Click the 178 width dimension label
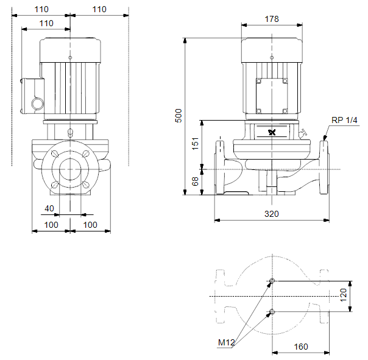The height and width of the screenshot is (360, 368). (272, 19)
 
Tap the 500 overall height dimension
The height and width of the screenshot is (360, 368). (179, 116)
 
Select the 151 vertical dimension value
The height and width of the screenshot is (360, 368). (195, 144)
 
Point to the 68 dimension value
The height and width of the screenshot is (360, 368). (195, 181)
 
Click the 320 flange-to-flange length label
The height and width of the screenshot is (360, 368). (272, 214)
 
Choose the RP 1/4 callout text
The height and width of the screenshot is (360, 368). (344, 120)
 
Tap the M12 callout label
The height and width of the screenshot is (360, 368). (226, 342)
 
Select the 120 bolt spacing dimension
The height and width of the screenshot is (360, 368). (343, 295)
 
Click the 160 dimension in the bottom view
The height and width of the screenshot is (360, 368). (301, 347)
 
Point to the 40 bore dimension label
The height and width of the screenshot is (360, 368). (49, 208)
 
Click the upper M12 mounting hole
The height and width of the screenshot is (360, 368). (272, 281)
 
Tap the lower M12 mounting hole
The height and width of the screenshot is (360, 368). (272, 312)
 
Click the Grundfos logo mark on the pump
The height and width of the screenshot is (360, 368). (272, 132)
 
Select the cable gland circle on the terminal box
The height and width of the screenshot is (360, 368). (38, 104)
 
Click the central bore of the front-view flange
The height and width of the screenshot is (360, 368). (70, 169)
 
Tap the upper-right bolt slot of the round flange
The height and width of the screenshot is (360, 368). (86, 154)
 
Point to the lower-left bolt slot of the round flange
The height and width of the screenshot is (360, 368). (54, 185)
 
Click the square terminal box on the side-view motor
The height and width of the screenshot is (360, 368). (272, 96)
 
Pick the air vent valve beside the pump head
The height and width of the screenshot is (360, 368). (303, 133)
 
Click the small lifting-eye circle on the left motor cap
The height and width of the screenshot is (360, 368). (70, 57)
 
